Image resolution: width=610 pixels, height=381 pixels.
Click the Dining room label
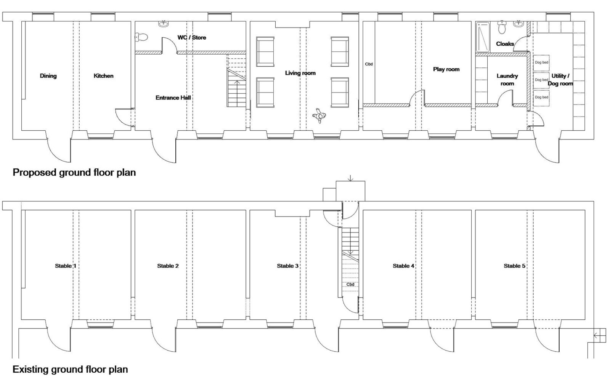coord(48,76)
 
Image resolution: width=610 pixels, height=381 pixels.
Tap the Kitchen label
coord(103,76)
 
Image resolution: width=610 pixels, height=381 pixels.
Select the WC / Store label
coord(192,38)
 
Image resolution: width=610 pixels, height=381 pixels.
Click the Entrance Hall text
coord(173,98)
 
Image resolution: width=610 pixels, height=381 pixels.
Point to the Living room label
coord(300,73)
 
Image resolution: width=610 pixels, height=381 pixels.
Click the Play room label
coord(446,69)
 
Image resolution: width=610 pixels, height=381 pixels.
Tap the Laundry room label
coord(507,80)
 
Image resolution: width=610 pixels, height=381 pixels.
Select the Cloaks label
coord(505,44)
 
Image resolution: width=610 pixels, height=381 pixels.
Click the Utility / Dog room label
coord(560,80)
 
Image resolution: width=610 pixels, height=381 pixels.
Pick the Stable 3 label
coord(287,266)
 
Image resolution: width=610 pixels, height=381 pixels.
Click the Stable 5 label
coord(514,266)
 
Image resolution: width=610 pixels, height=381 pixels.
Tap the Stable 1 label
coord(66,266)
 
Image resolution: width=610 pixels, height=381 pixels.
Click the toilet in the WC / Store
coord(141,37)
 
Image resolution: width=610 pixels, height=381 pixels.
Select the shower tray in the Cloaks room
coord(483,37)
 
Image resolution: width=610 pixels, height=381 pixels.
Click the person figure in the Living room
coord(319,116)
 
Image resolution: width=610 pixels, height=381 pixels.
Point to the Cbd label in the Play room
coord(369,64)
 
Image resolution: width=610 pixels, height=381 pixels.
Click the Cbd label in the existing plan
coord(350,284)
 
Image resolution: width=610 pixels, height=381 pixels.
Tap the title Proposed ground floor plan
coord(74,173)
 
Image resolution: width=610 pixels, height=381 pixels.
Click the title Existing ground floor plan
coord(70,369)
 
